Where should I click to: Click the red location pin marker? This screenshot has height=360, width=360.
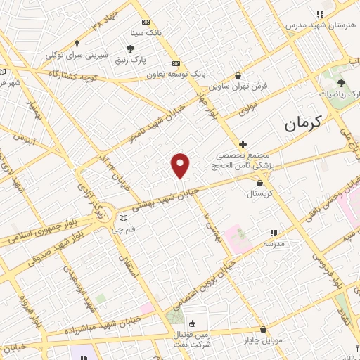pos(181,165)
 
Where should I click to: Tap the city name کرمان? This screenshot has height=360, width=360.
pos(303,124)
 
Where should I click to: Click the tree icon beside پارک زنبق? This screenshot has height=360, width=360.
pos(131,48)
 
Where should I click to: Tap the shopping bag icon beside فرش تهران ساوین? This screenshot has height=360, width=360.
pos(238,75)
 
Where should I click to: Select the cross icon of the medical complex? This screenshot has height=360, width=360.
pos(243,143)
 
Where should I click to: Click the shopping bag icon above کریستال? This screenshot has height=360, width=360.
pos(260,182)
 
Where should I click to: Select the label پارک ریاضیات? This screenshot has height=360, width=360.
pos(324,93)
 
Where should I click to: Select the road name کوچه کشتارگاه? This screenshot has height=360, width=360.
pos(72,73)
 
